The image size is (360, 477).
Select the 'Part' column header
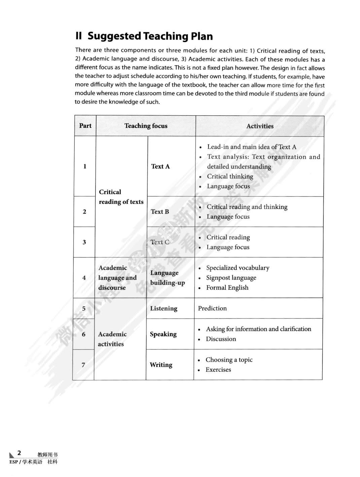click(85, 126)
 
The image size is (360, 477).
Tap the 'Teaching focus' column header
click(146, 126)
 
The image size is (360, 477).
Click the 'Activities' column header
click(260, 126)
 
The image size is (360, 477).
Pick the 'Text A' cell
click(160, 166)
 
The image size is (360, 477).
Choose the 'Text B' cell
click(160, 212)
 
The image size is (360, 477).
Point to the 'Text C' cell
click(160, 242)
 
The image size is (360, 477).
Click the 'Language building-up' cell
click(167, 278)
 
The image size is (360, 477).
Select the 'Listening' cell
click(164, 308)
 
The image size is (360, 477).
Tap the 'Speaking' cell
click(163, 334)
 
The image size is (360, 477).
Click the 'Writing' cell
click(161, 365)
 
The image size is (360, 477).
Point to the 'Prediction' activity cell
click(212, 308)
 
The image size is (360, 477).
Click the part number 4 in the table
click(84, 278)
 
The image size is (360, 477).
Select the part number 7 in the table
click(83, 365)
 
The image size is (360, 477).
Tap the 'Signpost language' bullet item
click(231, 278)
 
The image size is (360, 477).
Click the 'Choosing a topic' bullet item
click(229, 360)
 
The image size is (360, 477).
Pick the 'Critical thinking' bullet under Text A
click(230, 176)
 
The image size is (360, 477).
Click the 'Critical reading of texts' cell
click(121, 197)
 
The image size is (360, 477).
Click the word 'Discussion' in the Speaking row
click(221, 339)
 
